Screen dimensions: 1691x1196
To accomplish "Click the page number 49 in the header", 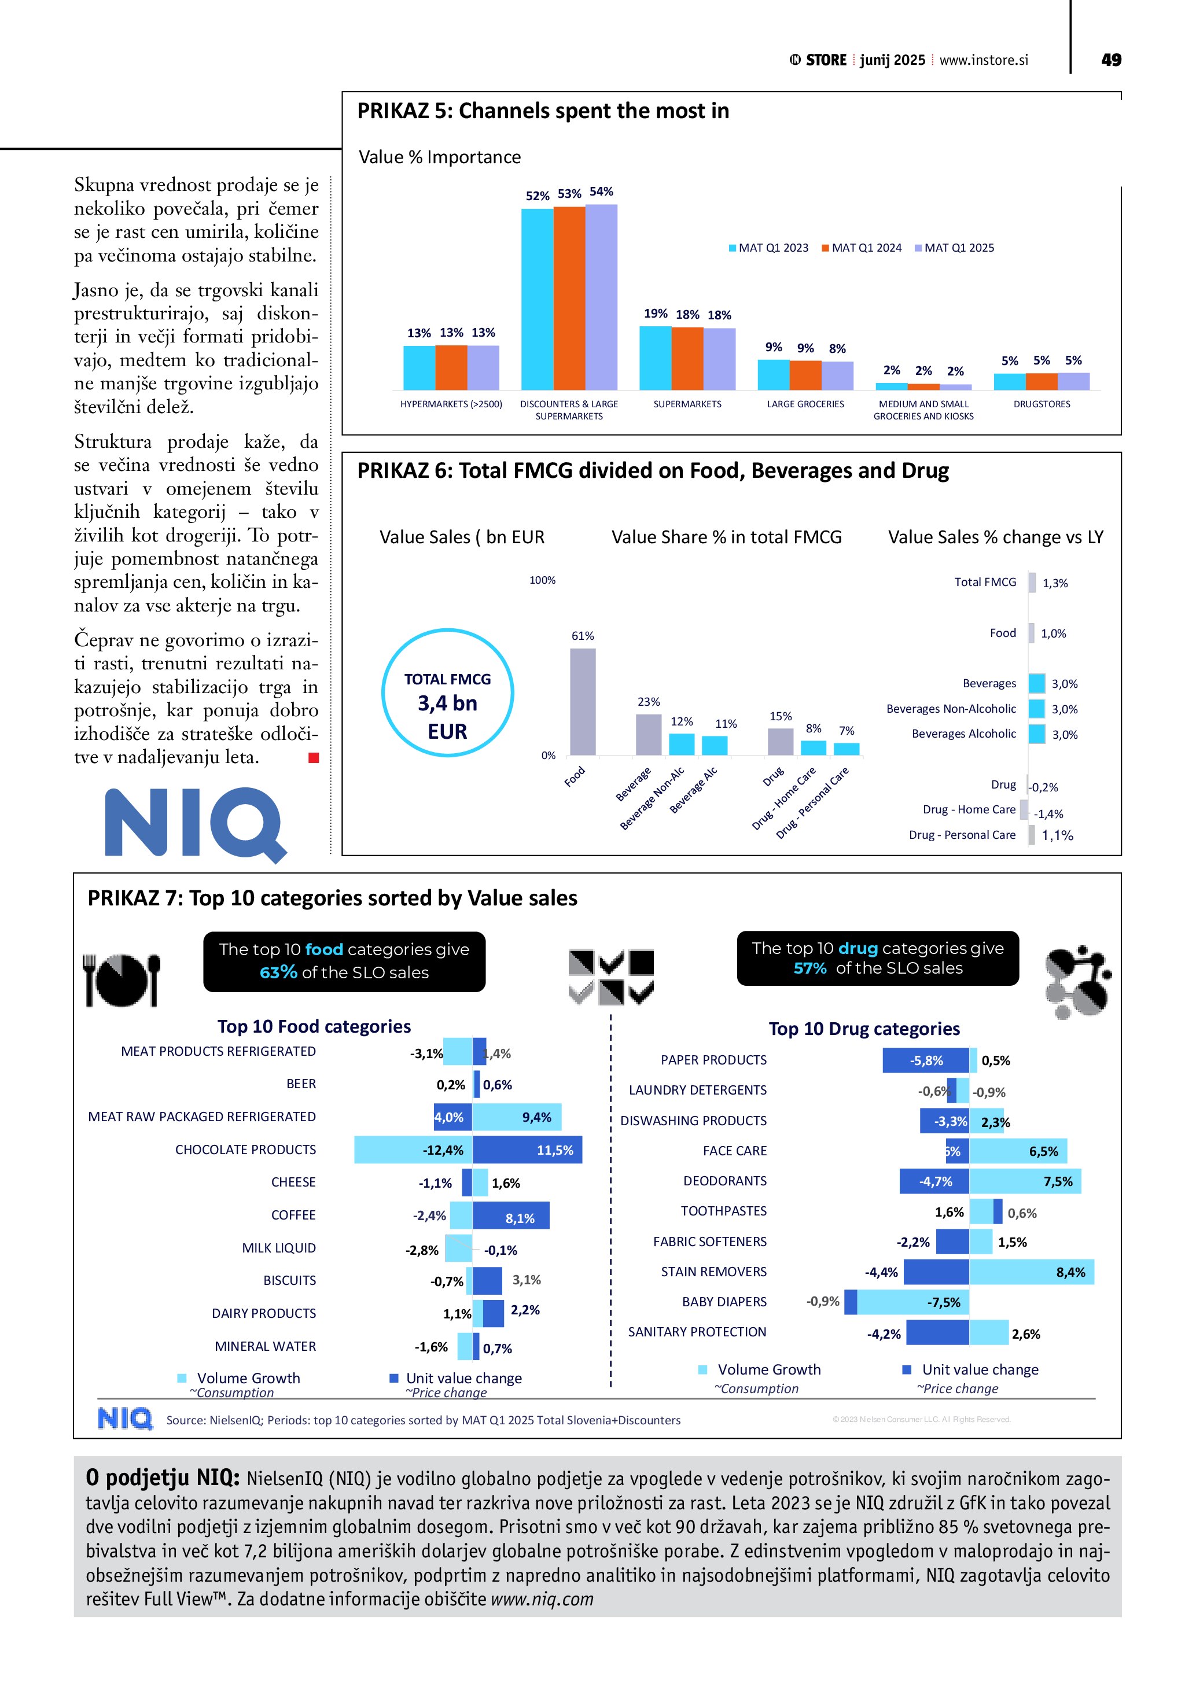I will [1110, 60].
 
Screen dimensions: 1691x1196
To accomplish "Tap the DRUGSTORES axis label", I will [1042, 404].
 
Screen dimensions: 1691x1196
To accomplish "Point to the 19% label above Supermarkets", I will [656, 314].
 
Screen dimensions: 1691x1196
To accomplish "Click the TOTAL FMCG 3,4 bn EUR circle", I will [448, 693].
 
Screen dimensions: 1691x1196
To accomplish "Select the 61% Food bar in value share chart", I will [583, 701].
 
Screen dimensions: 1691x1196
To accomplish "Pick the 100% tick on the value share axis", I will [542, 580].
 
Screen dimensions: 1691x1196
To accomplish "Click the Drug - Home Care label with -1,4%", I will [969, 809].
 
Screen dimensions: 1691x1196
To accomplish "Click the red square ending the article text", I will [314, 758].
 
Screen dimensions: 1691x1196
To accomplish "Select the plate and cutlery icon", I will [122, 980].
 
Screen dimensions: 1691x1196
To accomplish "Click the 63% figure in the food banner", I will [278, 973].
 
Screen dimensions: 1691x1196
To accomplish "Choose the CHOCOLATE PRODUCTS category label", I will [245, 1150].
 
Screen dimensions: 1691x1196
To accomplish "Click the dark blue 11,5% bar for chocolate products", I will [527, 1150].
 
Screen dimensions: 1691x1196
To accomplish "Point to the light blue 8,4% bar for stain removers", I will [1032, 1272].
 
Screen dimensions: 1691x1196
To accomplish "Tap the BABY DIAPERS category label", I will [724, 1302].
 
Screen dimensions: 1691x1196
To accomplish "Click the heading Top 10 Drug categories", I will [864, 1029].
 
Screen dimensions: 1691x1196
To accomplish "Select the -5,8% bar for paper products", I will [926, 1060].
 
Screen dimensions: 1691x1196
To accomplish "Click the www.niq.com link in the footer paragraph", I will [542, 1600].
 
